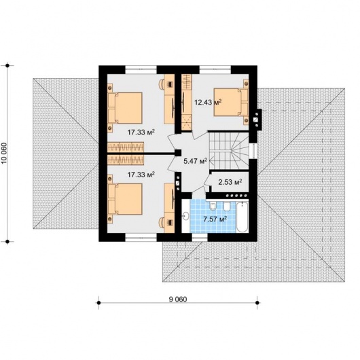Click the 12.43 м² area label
coord(208,102)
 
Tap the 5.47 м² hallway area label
coord(196,161)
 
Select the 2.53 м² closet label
coord(230,182)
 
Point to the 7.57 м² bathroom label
coord(215,219)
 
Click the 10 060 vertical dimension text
coord(5,154)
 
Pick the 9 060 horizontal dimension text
coord(178,299)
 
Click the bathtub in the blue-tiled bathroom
coord(242,217)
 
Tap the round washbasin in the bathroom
coord(185,216)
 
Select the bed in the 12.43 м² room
coord(231,102)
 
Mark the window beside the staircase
coord(253,151)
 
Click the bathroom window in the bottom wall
coord(200,238)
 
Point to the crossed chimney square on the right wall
coord(256,120)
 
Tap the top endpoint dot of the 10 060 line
coord(7,66)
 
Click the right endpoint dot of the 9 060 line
coord(257,303)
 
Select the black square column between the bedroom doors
coord(178,153)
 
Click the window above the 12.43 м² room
coord(215,69)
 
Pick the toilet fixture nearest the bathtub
coord(227,206)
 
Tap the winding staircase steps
coord(229,150)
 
